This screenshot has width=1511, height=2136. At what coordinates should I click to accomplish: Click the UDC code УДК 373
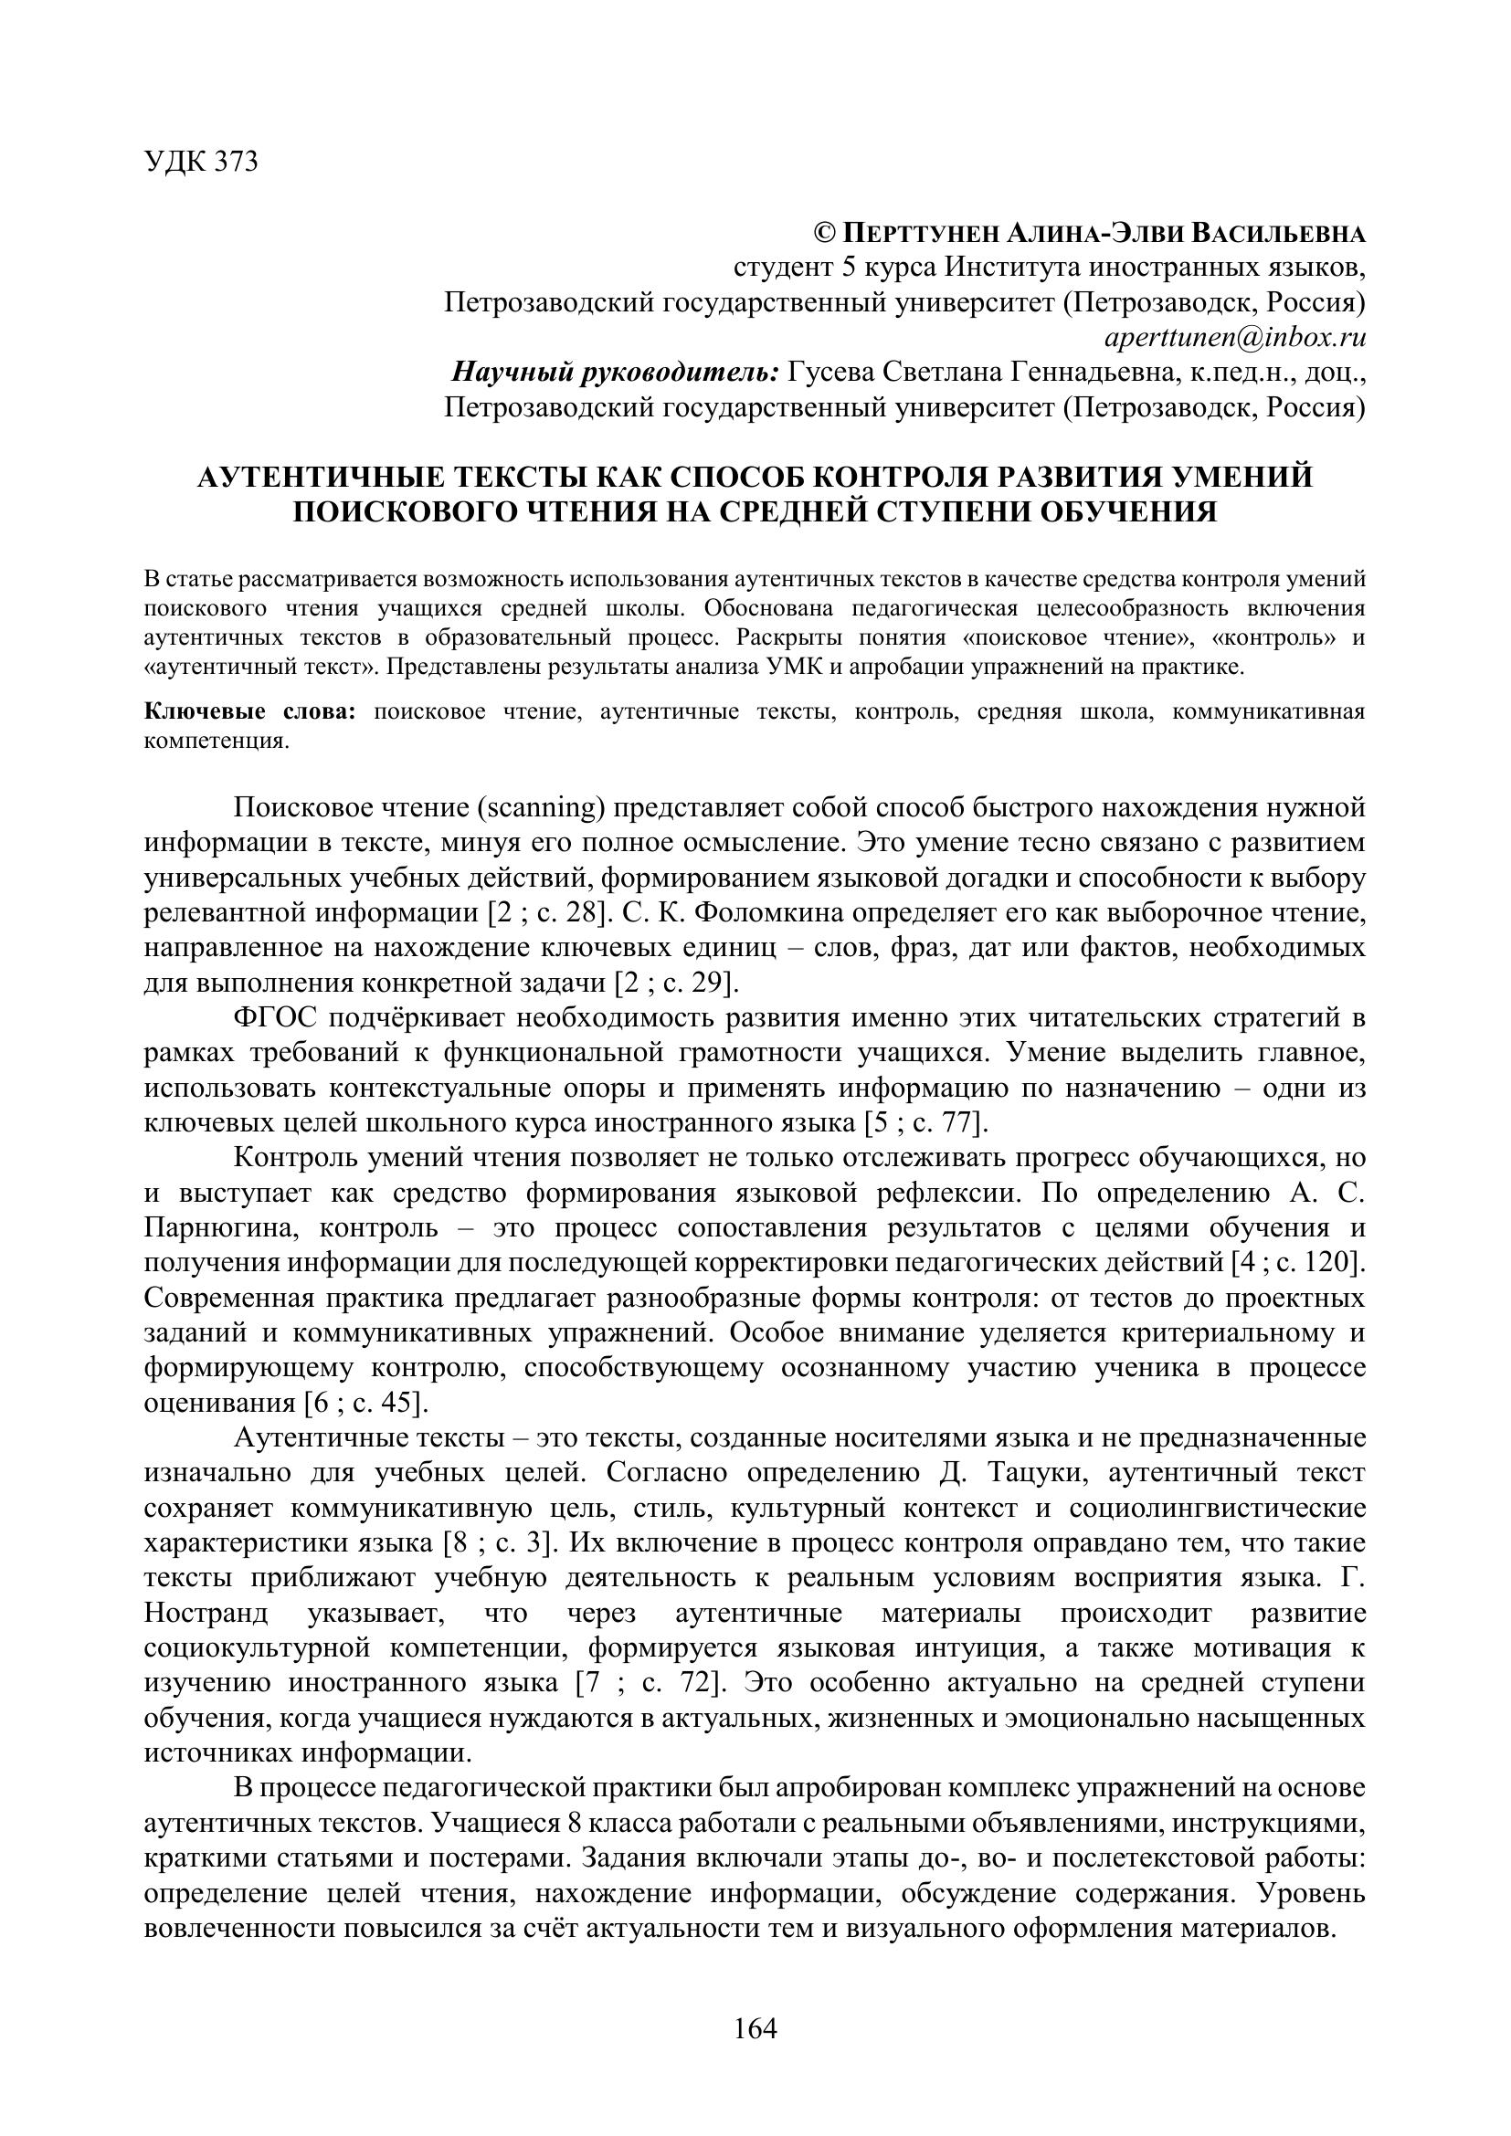coord(201,162)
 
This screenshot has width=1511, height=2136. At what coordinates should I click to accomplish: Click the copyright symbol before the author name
coord(825,233)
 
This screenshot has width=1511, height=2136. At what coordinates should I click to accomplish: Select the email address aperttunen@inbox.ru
coord(1233,337)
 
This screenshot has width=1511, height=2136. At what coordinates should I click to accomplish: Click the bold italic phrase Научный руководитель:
coord(615,372)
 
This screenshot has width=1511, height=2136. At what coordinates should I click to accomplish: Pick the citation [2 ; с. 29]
coord(676,983)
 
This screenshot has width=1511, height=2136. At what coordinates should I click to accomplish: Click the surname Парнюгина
coord(221,1228)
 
